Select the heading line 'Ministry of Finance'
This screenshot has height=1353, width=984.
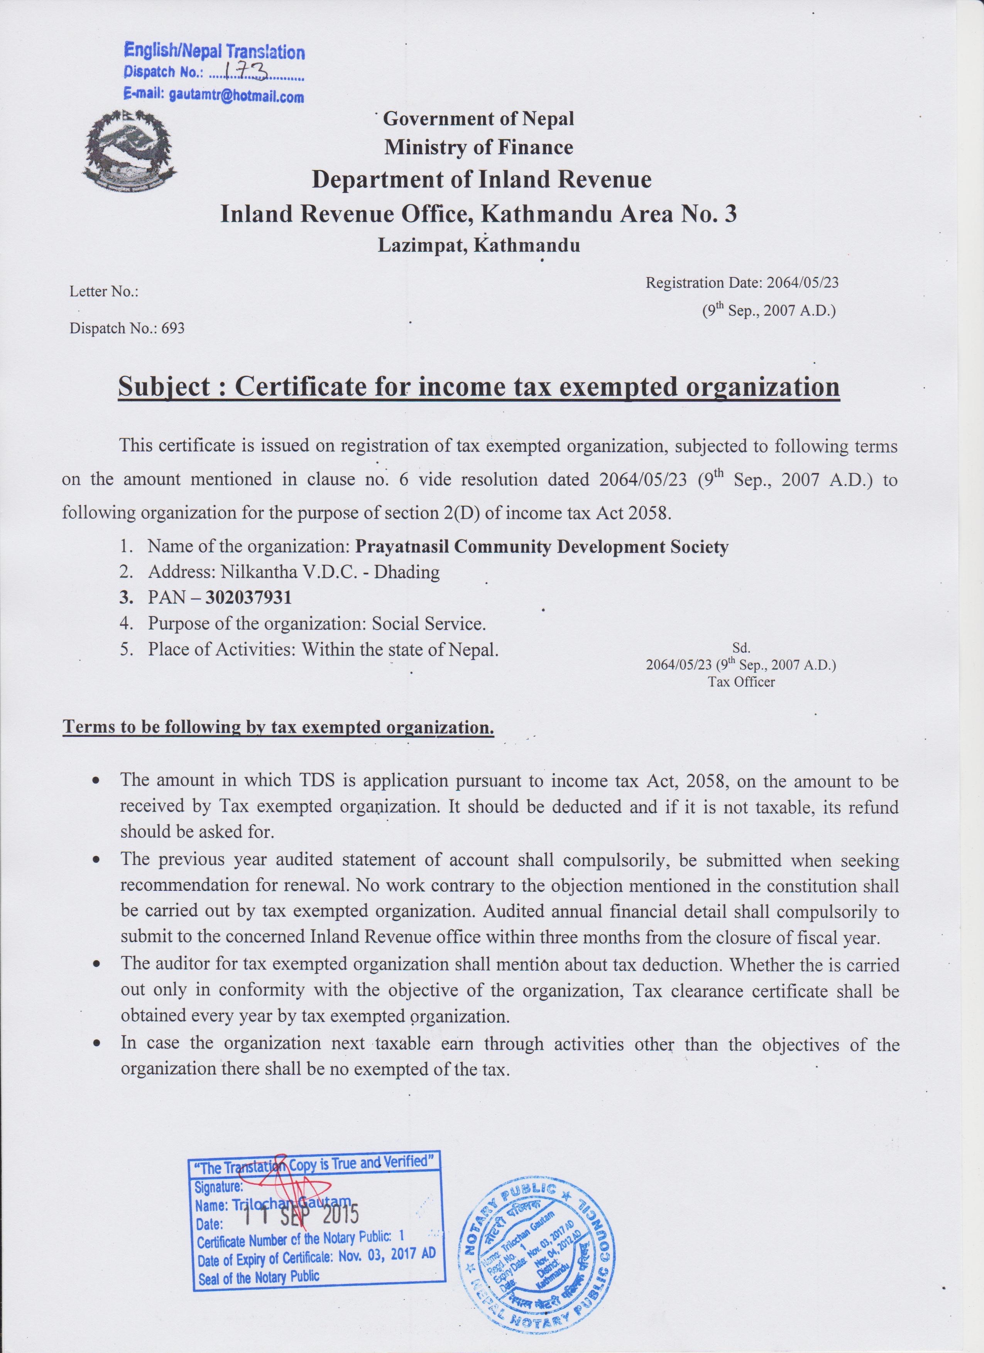click(x=478, y=147)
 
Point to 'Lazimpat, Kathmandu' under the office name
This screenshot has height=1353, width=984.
click(x=478, y=245)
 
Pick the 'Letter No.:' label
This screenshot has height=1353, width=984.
click(x=105, y=292)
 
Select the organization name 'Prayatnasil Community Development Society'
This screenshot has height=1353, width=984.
click(x=541, y=547)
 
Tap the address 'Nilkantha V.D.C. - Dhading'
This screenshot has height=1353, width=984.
click(x=294, y=572)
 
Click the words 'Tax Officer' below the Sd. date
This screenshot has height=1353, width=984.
click(x=741, y=682)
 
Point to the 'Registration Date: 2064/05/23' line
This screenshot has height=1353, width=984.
click(x=742, y=283)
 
